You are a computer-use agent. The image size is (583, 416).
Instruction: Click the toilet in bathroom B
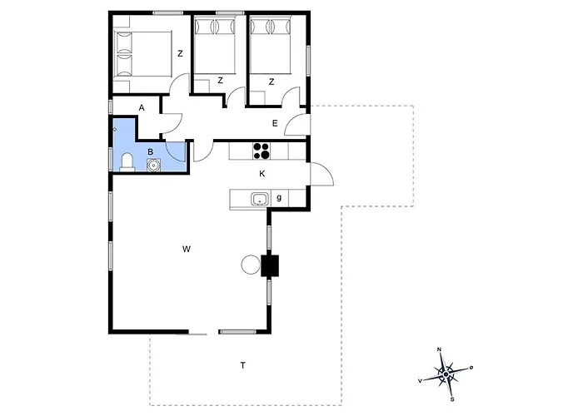point(127,161)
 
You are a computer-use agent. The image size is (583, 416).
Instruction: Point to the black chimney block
point(271,265)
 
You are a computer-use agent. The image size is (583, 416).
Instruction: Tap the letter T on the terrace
point(243,365)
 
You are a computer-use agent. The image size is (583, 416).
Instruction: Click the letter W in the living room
point(187,249)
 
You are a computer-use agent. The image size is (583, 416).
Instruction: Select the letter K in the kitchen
point(262,174)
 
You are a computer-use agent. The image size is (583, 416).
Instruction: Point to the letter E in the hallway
point(274,124)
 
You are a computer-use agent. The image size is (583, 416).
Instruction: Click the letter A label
point(142,108)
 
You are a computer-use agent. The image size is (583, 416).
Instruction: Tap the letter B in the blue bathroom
point(151,151)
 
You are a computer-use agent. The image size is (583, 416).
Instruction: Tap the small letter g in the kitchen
point(279,198)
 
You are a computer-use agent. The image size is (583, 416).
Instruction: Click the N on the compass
point(440,350)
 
